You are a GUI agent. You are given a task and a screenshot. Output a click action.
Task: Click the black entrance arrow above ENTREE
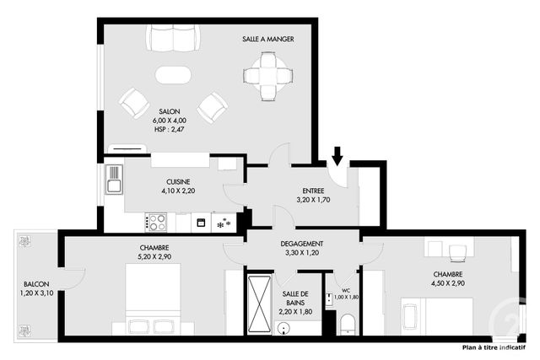337,155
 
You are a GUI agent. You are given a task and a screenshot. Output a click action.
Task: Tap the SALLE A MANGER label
267,39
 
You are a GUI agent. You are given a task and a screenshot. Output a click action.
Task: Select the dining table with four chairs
267,75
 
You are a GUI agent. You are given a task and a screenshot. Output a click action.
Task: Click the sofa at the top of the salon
174,38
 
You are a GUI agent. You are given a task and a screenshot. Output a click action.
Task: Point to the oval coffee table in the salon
174,75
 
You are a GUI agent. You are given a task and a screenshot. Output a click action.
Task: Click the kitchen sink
114,179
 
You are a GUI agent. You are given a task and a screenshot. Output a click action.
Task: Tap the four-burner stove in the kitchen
157,223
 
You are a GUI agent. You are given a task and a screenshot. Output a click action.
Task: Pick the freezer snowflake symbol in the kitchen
224,223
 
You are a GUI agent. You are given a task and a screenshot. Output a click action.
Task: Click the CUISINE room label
177,182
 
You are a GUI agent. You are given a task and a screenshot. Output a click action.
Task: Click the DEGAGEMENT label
302,244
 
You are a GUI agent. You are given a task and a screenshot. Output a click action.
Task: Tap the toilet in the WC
347,323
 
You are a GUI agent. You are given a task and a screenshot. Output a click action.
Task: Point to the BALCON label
36,284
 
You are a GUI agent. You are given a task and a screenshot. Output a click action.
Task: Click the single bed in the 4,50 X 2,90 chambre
410,315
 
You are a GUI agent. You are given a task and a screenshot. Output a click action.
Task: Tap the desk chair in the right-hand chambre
456,251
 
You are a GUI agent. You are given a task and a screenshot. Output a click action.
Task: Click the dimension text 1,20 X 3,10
36,293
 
